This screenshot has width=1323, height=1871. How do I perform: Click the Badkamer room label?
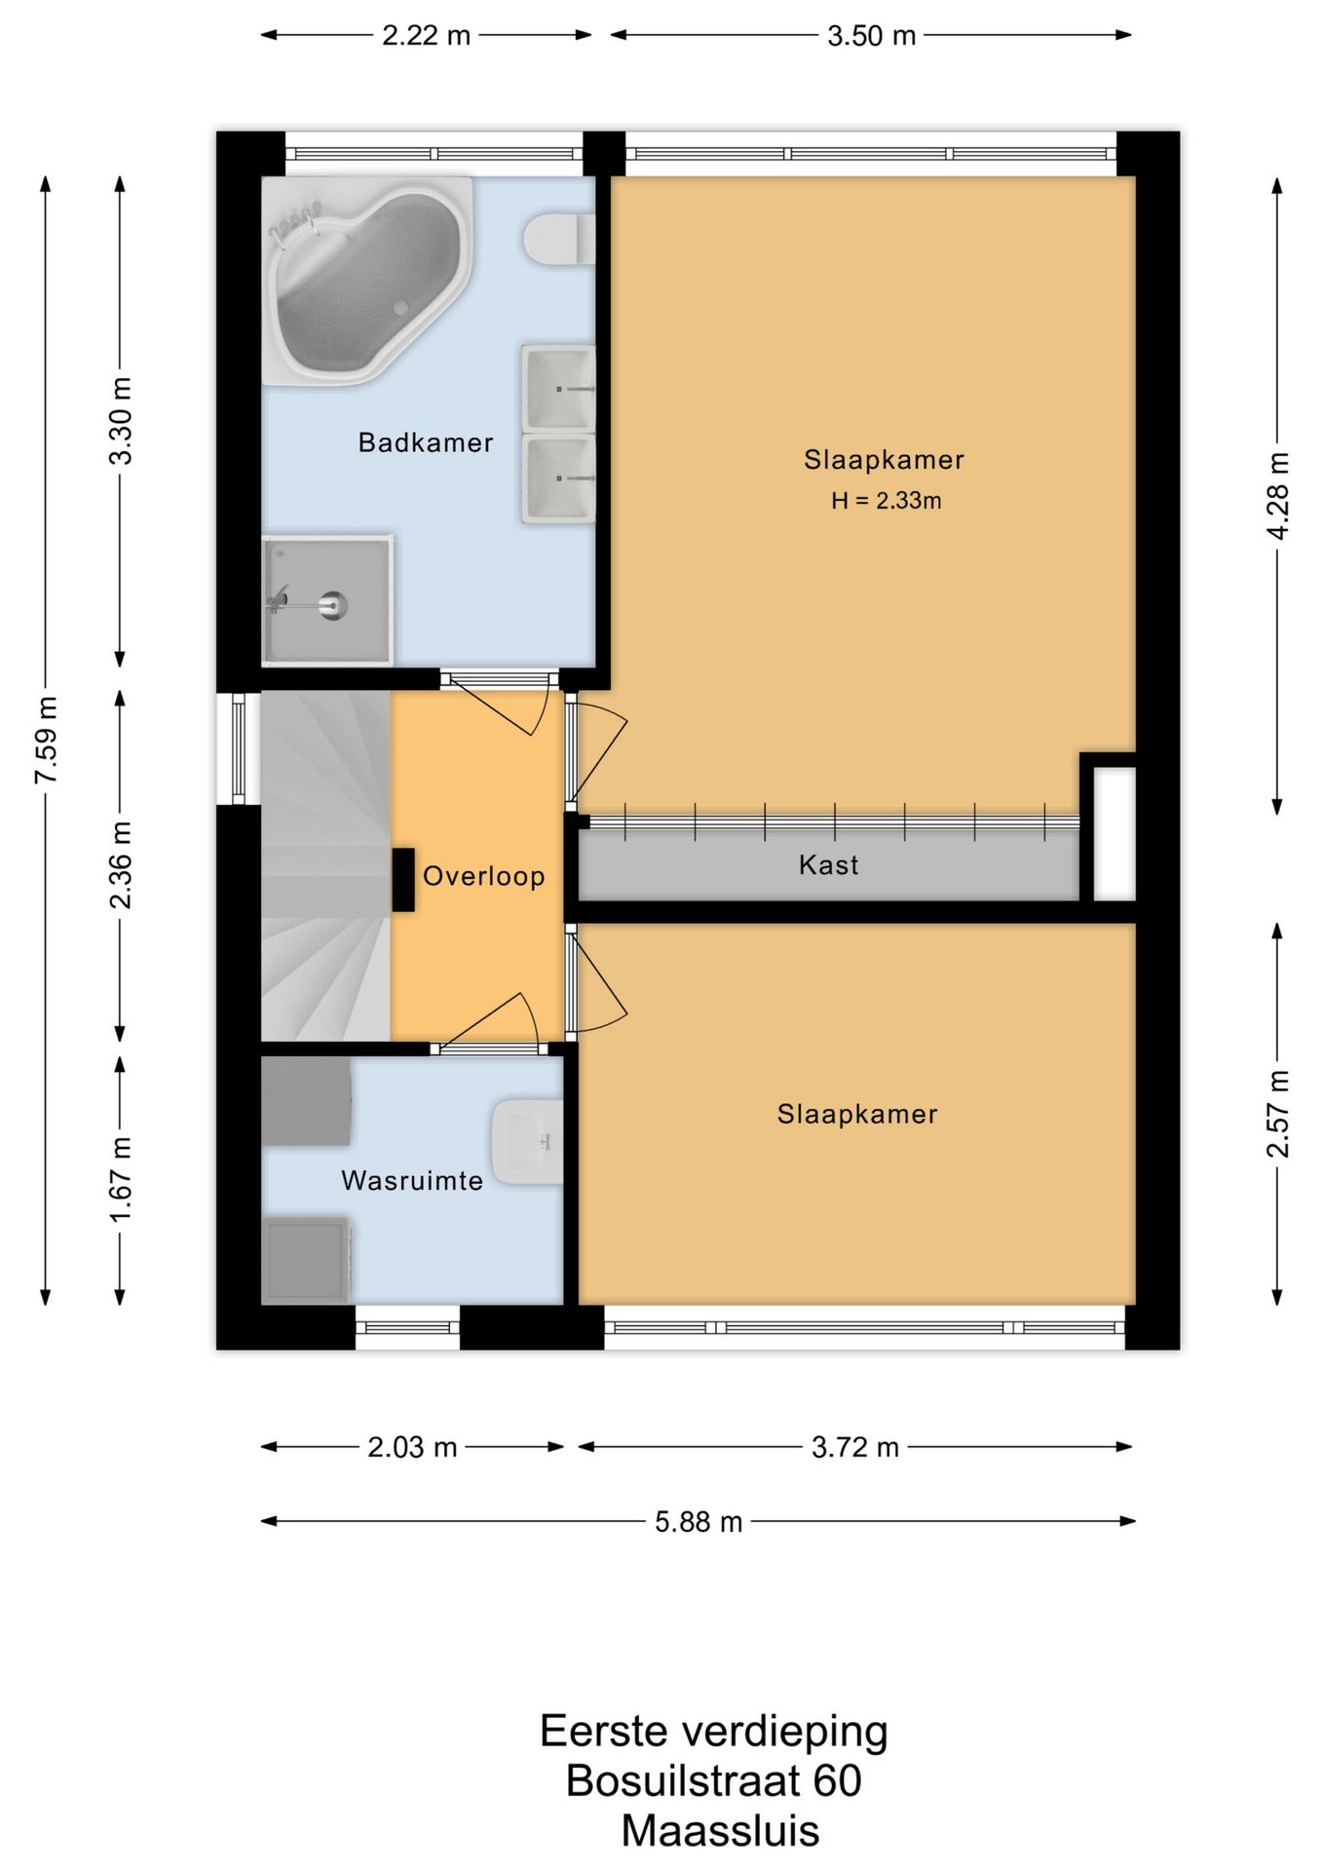click(x=426, y=442)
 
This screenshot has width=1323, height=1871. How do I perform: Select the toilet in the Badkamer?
click(x=559, y=240)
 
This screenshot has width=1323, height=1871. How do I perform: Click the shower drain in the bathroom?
click(x=333, y=605)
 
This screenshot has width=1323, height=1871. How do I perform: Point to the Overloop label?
click(x=483, y=876)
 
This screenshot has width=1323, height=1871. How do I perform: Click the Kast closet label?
click(x=829, y=864)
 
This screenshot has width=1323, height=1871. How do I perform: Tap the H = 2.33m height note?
click(x=887, y=501)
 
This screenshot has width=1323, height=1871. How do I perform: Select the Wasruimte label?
click(x=412, y=1181)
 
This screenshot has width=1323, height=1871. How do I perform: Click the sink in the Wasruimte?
click(x=527, y=1141)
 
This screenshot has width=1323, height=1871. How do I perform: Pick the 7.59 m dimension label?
click(x=46, y=741)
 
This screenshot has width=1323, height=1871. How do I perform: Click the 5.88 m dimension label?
click(x=699, y=1521)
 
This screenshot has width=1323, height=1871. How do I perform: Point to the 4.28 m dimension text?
click(x=1278, y=496)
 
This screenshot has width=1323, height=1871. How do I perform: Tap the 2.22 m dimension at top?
click(x=426, y=36)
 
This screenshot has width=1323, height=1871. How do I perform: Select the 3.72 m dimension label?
click(x=855, y=1447)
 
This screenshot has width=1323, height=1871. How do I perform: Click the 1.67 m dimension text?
click(x=121, y=1179)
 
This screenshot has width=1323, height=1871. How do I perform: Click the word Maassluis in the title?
click(x=721, y=1831)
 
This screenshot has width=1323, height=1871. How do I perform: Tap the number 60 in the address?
click(x=838, y=1780)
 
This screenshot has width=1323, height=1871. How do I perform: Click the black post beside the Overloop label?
click(x=403, y=880)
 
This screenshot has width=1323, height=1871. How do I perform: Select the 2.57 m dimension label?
click(x=1278, y=1114)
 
